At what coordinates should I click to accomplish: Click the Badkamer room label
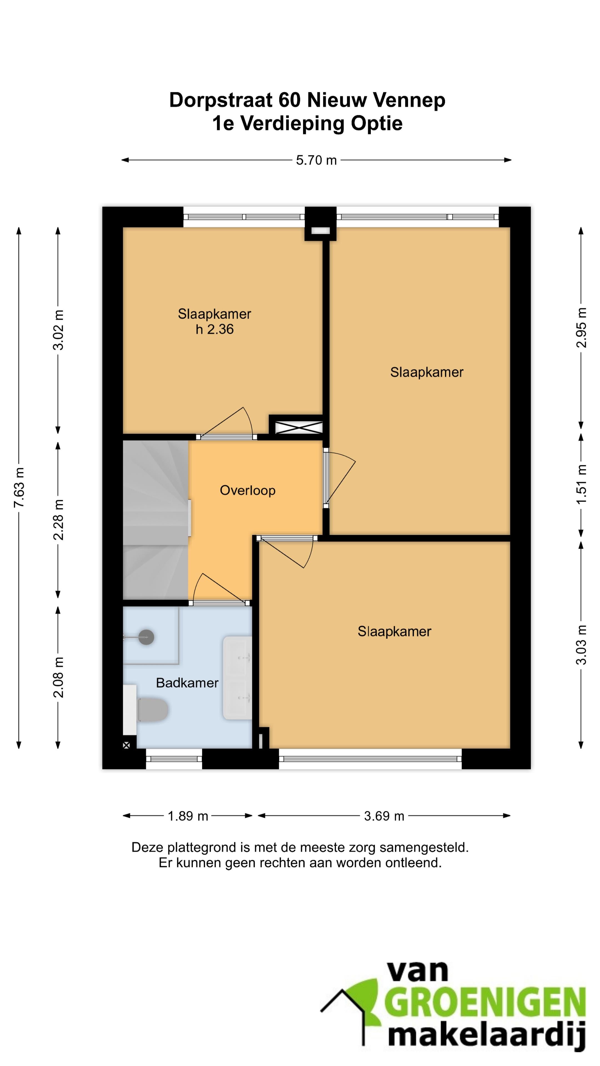(x=187, y=682)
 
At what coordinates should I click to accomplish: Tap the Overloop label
(x=247, y=490)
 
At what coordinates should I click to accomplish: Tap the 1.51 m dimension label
(x=581, y=484)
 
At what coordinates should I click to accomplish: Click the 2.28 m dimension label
(x=58, y=519)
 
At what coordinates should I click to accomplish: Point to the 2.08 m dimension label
(x=58, y=677)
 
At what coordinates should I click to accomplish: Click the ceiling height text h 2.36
(x=214, y=330)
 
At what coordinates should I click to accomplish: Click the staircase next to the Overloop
(x=156, y=520)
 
